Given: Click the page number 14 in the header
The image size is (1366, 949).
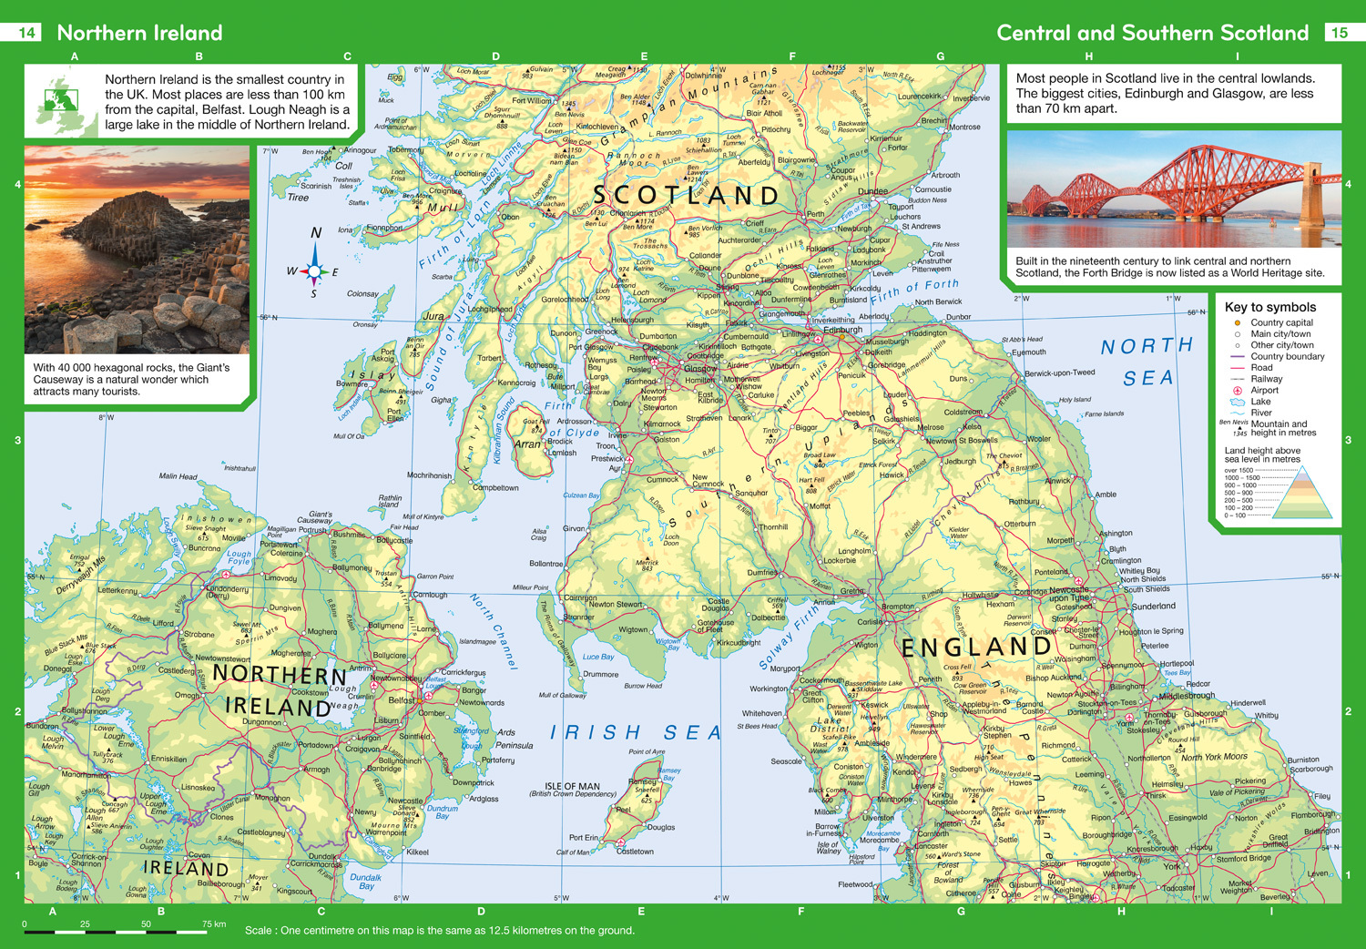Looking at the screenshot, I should click(x=26, y=33).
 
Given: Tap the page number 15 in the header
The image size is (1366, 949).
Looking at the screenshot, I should click(x=1339, y=33).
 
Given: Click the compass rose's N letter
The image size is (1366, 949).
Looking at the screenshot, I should click(x=316, y=233).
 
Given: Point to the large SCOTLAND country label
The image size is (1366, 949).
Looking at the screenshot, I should click(x=686, y=195).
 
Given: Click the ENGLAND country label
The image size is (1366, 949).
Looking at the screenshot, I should click(x=976, y=648).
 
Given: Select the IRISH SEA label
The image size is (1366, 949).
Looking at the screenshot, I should click(x=636, y=732).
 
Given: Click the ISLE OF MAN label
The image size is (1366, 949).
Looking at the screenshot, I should click(x=572, y=786).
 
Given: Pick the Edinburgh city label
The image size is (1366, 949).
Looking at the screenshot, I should click(x=836, y=331).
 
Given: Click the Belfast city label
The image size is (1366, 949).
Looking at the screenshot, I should click(x=402, y=700).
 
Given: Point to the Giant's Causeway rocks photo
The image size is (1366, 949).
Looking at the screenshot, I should click(x=137, y=250).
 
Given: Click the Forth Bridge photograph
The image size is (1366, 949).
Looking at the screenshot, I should click(x=1174, y=189).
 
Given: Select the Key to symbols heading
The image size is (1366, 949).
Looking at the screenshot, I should click(x=1269, y=307).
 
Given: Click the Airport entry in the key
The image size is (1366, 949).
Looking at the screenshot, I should click(x=1264, y=390).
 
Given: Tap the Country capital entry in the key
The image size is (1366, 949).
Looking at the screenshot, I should click(x=1280, y=322).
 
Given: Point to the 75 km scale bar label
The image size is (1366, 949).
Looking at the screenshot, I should click(x=213, y=923).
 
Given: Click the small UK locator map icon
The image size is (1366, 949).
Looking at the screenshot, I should click(x=64, y=102).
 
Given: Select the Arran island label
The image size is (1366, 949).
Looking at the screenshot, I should click(x=527, y=444).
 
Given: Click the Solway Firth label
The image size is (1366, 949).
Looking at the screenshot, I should click(x=789, y=639).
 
